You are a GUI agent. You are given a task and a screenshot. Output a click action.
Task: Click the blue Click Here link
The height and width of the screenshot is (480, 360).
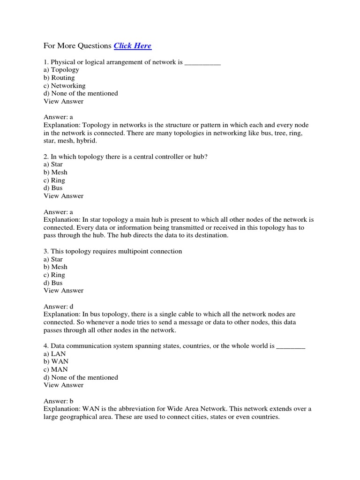pyautogui.click(x=133, y=46)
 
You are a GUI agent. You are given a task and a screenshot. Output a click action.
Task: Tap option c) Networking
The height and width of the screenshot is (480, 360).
pyautogui.click(x=65, y=86)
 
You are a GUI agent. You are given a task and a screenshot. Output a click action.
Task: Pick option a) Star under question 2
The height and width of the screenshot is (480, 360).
pyautogui.click(x=53, y=165)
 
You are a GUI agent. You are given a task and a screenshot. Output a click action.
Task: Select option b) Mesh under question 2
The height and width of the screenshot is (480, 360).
pyautogui.click(x=55, y=172)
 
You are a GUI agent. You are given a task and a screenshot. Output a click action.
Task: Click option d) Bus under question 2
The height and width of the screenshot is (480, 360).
pyautogui.click(x=53, y=188)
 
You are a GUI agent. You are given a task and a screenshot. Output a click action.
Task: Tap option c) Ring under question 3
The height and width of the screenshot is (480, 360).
pyautogui.click(x=54, y=275)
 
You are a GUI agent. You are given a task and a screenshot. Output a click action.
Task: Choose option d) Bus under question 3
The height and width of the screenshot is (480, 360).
pyautogui.click(x=53, y=283)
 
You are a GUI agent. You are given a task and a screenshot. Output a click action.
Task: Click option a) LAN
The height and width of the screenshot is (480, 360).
pyautogui.click(x=54, y=354)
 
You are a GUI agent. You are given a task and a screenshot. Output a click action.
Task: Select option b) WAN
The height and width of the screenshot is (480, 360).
pyautogui.click(x=55, y=362)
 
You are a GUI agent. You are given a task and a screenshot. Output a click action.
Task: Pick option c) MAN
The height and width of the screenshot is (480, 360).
pyautogui.click(x=55, y=369)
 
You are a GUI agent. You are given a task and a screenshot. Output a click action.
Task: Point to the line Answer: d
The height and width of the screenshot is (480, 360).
pyautogui.click(x=59, y=307)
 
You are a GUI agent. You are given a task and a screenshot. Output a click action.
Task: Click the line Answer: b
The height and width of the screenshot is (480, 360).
pyautogui.click(x=59, y=401)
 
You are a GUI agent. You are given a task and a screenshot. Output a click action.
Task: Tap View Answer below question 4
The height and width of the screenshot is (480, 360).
pyautogui.click(x=64, y=385)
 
